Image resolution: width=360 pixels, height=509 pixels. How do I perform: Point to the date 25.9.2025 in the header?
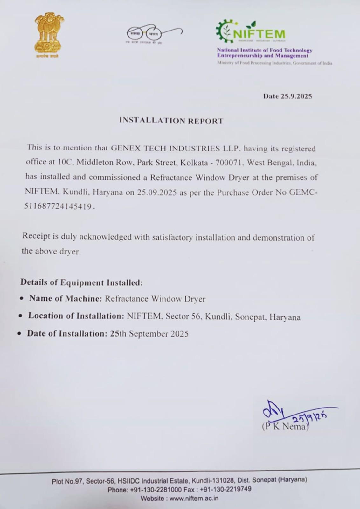pyautogui.click(x=296, y=96)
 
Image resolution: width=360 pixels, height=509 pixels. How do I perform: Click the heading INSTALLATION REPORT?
pyautogui.click(x=171, y=121)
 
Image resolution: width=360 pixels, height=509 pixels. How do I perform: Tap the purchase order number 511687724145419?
pyautogui.click(x=58, y=206)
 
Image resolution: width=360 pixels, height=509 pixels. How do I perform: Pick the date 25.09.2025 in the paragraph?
pyautogui.click(x=157, y=192)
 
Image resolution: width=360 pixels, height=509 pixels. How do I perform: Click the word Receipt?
pyautogui.click(x=36, y=236)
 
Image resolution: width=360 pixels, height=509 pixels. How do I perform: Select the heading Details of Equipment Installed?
pyautogui.click(x=81, y=282)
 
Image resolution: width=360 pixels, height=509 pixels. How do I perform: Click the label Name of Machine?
pyautogui.click(x=65, y=299)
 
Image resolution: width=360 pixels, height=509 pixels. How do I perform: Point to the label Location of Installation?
pyautogui.click(x=76, y=316)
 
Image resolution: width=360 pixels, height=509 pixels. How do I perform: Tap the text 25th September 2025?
pyautogui.click(x=149, y=334)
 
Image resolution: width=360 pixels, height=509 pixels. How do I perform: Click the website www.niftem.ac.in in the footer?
pyautogui.click(x=194, y=499)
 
